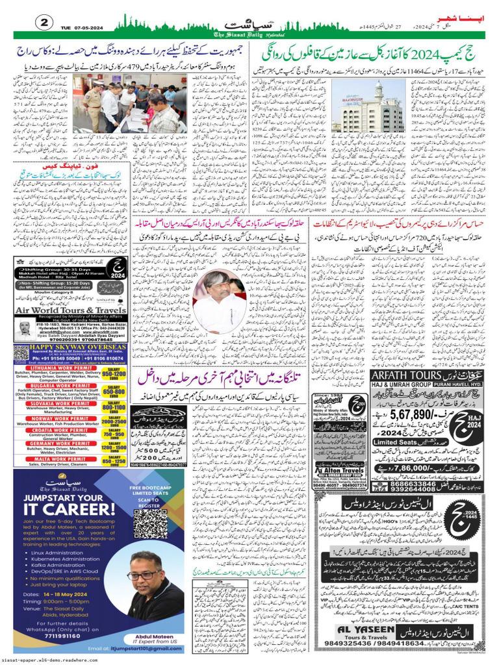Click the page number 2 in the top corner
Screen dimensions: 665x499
point(45,22)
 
